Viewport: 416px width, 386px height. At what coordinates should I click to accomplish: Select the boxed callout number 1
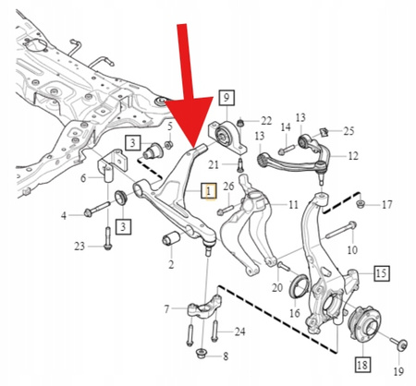(208, 191)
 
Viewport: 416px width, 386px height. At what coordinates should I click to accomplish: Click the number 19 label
(398, 373)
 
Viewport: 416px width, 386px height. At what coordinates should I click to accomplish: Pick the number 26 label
(227, 187)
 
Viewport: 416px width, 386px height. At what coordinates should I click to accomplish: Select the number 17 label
(386, 204)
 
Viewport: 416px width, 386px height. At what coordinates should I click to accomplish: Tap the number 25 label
(349, 131)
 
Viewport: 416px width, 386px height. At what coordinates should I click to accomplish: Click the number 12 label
(354, 158)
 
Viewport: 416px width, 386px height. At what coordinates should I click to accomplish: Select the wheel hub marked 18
(362, 325)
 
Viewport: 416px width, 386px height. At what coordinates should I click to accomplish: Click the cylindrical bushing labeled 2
(171, 241)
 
